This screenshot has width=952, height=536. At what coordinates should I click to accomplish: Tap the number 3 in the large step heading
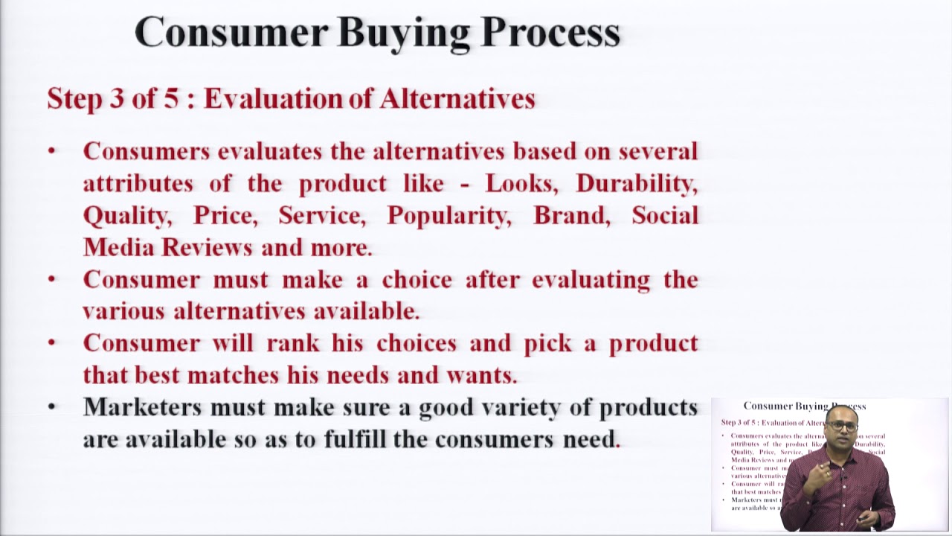pos(116,99)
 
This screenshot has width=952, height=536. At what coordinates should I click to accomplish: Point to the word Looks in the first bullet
pos(524,184)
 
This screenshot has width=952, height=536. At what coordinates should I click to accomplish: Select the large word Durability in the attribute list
pos(637,184)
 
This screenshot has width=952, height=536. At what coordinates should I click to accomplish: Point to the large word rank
pos(287,343)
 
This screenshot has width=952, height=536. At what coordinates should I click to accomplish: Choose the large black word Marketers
pos(141,407)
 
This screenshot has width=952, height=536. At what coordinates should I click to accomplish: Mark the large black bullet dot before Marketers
pos(51,407)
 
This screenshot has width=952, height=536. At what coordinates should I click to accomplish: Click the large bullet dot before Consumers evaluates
pos(51,152)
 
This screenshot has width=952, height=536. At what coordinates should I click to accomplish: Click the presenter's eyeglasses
pos(843,427)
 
